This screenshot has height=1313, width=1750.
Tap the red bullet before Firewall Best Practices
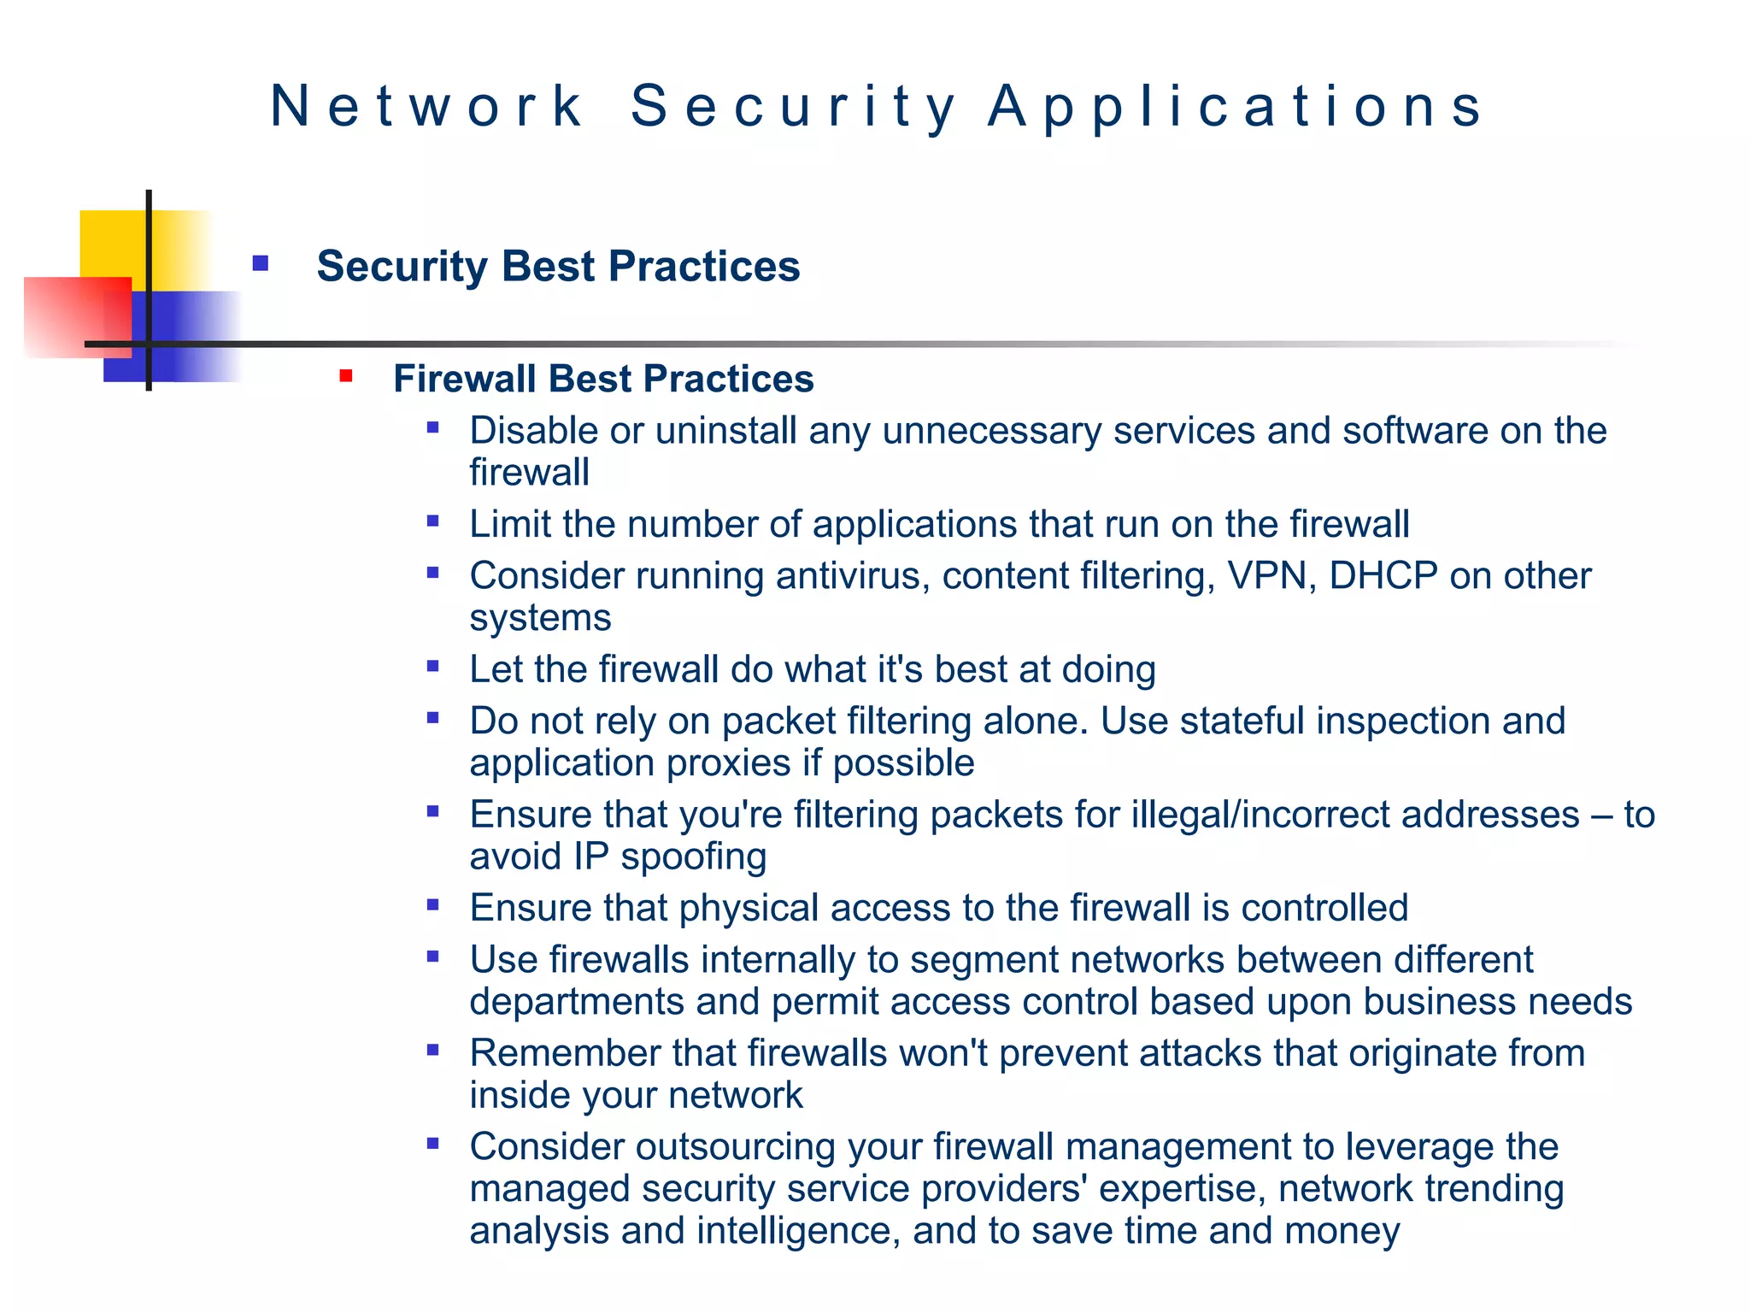(x=346, y=376)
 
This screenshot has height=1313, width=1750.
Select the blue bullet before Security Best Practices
(x=261, y=263)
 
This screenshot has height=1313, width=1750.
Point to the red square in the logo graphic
(x=77, y=316)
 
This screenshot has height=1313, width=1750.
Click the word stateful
(x=1242, y=721)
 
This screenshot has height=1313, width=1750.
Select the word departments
(x=577, y=1002)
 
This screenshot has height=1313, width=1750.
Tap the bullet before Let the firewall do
(x=433, y=666)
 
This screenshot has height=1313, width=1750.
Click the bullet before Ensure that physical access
(x=433, y=904)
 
